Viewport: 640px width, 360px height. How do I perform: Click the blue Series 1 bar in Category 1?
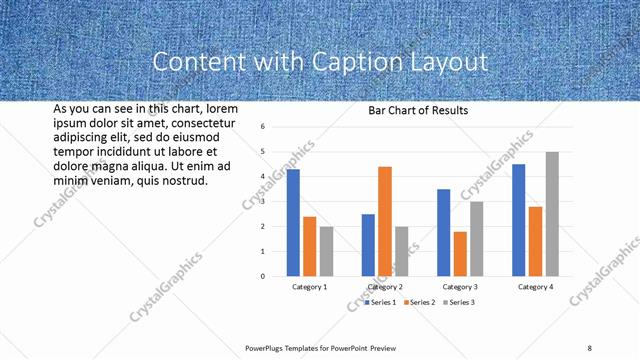(x=293, y=222)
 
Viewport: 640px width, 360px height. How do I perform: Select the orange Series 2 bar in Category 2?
(x=385, y=221)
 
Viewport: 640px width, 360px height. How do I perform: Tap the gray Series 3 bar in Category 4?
(x=552, y=214)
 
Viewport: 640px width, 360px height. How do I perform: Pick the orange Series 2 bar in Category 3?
(x=460, y=254)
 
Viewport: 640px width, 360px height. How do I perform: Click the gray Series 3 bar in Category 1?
(x=326, y=251)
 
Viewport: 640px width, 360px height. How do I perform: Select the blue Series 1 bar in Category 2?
(x=368, y=245)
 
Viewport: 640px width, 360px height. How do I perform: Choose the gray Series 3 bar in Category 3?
(x=477, y=239)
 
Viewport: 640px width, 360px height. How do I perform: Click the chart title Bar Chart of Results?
(x=418, y=110)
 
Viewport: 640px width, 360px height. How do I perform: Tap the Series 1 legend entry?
(x=381, y=302)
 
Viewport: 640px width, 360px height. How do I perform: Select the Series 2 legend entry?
(x=419, y=302)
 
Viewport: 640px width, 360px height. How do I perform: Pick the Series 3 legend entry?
(x=458, y=302)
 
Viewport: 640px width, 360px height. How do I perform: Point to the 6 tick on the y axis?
(x=261, y=127)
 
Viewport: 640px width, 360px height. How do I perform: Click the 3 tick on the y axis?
(x=261, y=201)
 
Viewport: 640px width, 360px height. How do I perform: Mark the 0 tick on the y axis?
(x=261, y=276)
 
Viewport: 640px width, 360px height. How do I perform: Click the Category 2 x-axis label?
(x=385, y=287)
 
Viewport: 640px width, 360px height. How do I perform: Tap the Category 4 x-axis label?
(x=536, y=287)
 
